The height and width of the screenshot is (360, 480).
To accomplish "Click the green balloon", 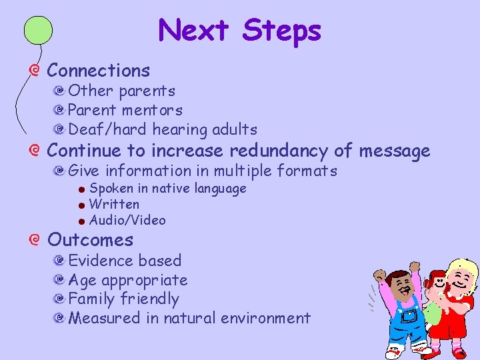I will [x=38, y=31].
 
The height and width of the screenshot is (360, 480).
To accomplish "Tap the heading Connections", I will [x=99, y=70].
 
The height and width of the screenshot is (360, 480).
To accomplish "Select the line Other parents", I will [x=121, y=91].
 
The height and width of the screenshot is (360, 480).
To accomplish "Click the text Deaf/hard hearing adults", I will [x=163, y=129].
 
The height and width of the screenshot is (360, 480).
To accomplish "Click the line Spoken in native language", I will [x=167, y=189].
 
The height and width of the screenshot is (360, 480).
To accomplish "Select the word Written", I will [x=114, y=204].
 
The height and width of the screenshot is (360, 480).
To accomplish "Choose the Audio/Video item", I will [x=127, y=220].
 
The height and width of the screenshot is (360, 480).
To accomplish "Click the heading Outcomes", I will [x=90, y=240].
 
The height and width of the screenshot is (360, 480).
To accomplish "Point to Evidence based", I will [x=125, y=261].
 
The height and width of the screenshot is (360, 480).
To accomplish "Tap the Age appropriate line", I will [x=128, y=280].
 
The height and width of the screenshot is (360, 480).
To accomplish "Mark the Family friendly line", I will [x=123, y=299].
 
